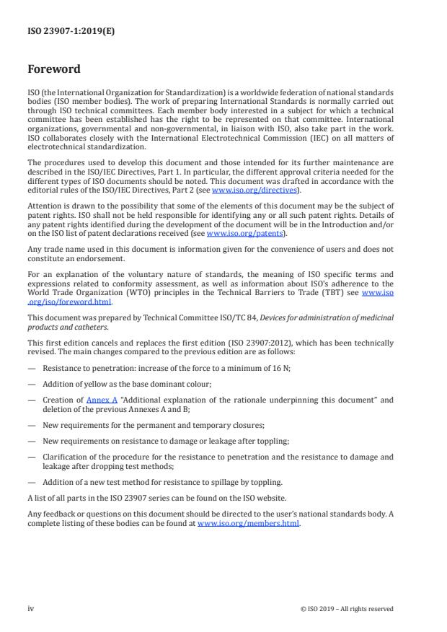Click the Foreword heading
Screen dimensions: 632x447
[x=53, y=70]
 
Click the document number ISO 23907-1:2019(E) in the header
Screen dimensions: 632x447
[x=61, y=31]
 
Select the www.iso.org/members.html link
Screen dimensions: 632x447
[x=248, y=524]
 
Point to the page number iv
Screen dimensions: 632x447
[x=31, y=608]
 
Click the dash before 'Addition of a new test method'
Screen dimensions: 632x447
[x=32, y=481]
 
